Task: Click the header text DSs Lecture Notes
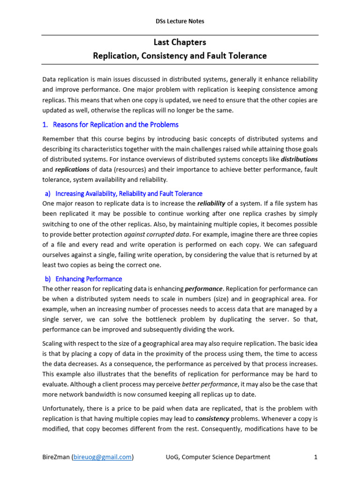[x=180, y=21]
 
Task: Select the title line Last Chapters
[x=180, y=42]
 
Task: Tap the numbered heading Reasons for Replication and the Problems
[x=115, y=125]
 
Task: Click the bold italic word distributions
[x=299, y=159]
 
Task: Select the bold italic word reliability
[x=211, y=203]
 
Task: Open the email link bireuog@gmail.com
[x=102, y=457]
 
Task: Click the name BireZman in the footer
[x=56, y=457]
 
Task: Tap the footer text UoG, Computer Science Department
[x=218, y=457]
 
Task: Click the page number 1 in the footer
[x=316, y=457]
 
